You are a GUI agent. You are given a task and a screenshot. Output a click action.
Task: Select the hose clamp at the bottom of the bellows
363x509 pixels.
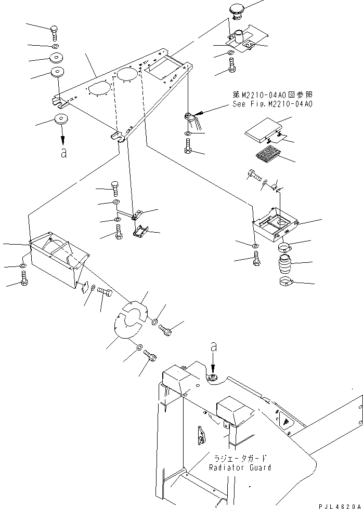tap(286, 283)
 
